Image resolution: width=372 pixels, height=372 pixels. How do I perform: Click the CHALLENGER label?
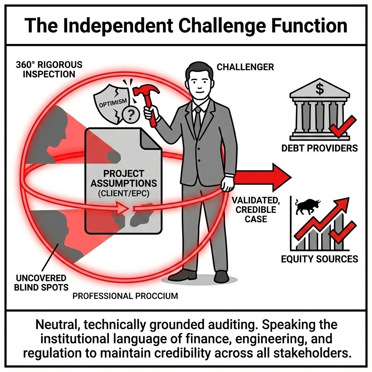pyautogui.click(x=245, y=67)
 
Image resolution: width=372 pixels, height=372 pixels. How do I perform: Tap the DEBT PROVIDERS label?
pyautogui.click(x=319, y=148)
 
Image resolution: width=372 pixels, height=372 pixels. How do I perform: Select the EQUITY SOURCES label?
pyautogui.click(x=320, y=259)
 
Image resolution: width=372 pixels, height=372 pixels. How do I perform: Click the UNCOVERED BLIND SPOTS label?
pyautogui.click(x=41, y=283)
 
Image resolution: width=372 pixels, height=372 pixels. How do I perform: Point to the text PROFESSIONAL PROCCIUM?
pyautogui.click(x=125, y=296)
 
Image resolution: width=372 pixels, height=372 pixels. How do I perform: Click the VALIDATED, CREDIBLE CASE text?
pyautogui.click(x=254, y=210)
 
